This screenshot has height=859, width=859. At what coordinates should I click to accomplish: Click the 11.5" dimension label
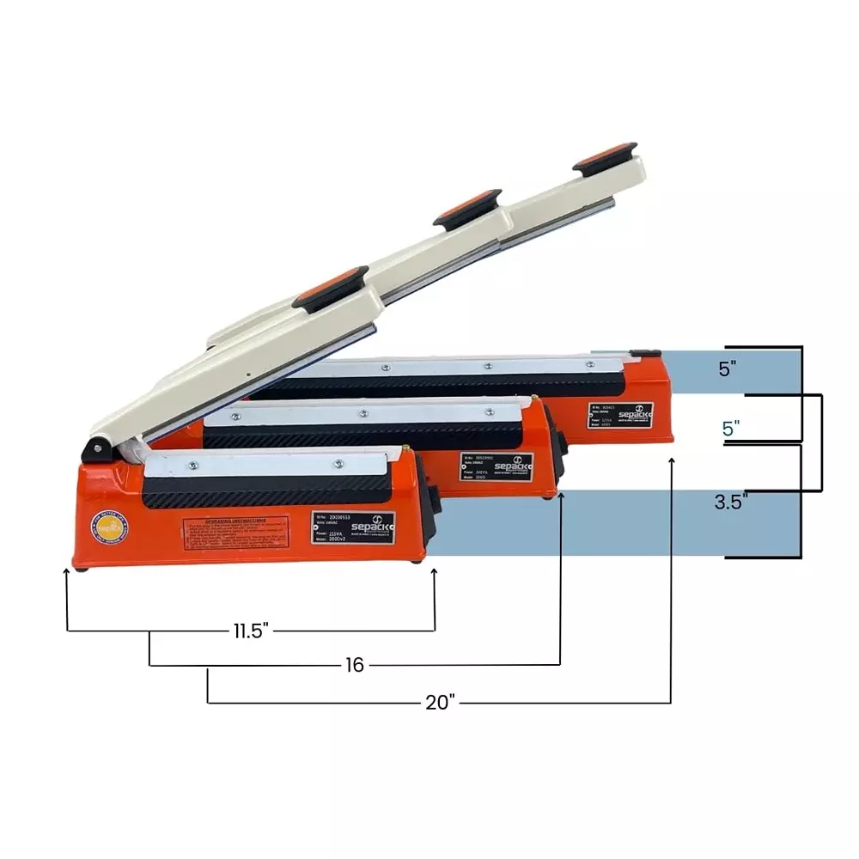click(251, 631)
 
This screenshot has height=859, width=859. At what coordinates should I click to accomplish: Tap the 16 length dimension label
click(355, 665)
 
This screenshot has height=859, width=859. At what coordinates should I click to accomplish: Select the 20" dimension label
click(440, 703)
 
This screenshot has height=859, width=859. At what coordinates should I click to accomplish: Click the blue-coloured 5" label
click(731, 428)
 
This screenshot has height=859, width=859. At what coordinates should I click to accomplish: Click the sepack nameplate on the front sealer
click(353, 527)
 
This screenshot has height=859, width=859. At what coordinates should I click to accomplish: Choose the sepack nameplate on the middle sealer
click(497, 466)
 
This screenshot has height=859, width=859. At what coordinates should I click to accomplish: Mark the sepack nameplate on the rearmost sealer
click(620, 416)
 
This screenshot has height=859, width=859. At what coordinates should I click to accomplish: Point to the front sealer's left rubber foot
click(80, 566)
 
